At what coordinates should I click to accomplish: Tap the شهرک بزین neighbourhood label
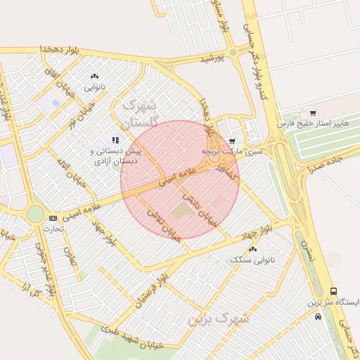tap(219, 318)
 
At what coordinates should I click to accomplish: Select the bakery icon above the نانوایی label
tap(95, 76)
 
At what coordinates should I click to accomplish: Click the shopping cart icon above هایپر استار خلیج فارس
tap(313, 112)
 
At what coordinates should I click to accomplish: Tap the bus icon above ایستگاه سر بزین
tap(333, 291)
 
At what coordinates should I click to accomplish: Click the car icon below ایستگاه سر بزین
tap(319, 316)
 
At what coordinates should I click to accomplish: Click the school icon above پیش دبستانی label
tap(115, 140)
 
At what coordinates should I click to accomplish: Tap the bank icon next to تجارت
tap(53, 219)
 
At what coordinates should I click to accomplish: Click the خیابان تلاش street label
tap(164, 224)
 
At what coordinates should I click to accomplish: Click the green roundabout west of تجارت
tap(34, 213)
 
